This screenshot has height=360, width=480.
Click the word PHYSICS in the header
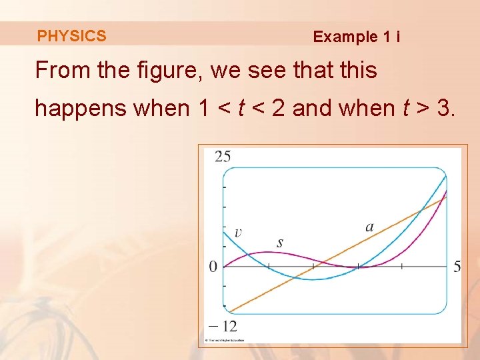pyautogui.click(x=71, y=36)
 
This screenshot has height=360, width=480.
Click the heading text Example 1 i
pyautogui.click(x=356, y=37)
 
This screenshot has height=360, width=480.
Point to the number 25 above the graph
pyautogui.click(x=223, y=157)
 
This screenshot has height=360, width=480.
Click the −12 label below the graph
pyautogui.click(x=222, y=326)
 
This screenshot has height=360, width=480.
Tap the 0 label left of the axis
pyautogui.click(x=213, y=267)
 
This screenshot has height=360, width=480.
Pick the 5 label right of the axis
pyautogui.click(x=457, y=267)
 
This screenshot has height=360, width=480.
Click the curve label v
pyautogui.click(x=238, y=233)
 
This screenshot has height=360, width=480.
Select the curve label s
pyautogui.click(x=279, y=243)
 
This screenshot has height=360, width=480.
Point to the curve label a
pyautogui.click(x=369, y=227)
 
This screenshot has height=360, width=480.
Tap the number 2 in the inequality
pyautogui.click(x=279, y=107)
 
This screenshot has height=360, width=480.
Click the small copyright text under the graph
pyautogui.click(x=225, y=340)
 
